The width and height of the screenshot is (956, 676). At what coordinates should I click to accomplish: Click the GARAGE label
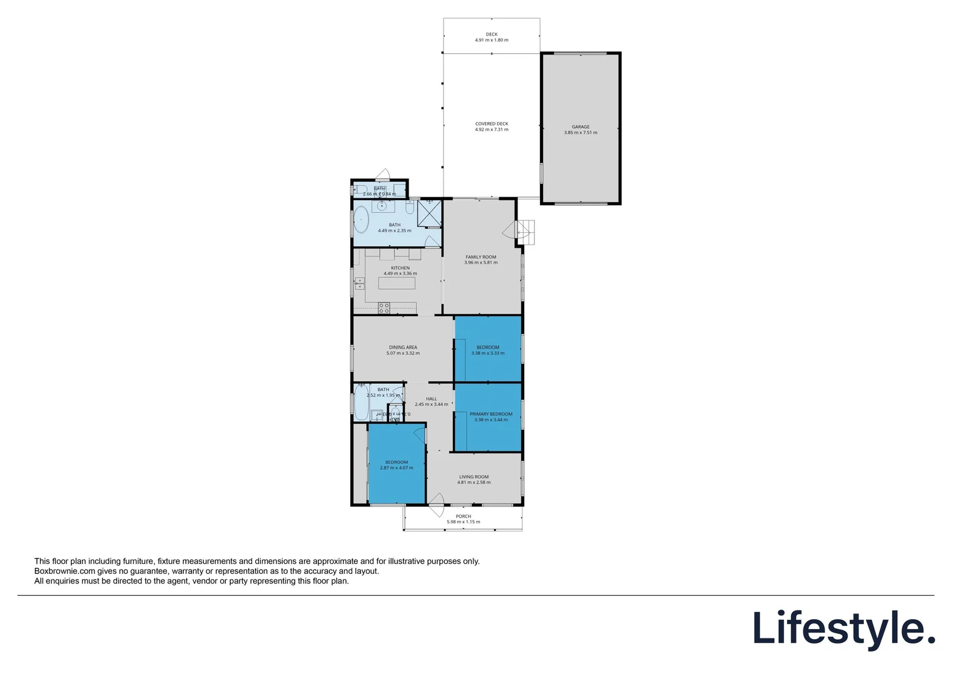581,127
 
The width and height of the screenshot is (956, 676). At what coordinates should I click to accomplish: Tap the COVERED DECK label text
492,124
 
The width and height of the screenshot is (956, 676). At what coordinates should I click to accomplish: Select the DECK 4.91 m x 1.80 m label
492,38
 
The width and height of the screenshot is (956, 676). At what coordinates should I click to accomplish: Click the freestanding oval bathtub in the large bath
362,220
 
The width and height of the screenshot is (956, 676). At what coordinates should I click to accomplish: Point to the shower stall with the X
430,213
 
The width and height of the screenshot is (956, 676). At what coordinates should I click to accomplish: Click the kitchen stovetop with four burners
384,308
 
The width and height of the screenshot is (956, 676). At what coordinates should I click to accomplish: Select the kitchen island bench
397,283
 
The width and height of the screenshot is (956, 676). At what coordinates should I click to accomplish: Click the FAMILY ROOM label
481,257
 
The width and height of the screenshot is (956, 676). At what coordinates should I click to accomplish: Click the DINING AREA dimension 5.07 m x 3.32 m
403,354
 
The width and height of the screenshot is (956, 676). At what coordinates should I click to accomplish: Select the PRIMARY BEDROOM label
491,414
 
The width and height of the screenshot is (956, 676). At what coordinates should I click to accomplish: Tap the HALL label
432,399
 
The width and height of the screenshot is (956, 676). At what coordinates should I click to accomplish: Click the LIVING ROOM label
474,477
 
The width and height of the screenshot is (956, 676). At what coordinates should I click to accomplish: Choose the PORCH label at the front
463,516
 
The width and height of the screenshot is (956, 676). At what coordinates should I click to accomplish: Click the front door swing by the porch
436,499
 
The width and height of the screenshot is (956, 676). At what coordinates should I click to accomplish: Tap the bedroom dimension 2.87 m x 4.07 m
397,468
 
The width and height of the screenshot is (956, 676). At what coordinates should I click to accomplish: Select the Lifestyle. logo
843,628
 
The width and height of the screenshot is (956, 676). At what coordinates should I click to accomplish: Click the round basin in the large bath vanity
382,205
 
